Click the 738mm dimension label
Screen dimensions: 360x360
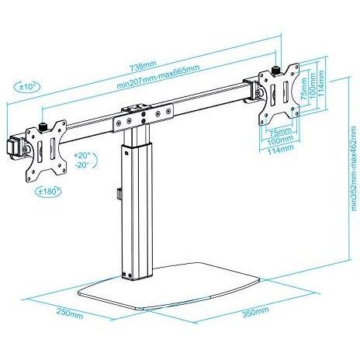pos(143,66)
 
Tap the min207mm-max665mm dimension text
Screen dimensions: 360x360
pos(158,76)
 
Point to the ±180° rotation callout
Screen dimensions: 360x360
pos(48,192)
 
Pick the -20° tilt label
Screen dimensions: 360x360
pos(81,164)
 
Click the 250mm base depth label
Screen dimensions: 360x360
pos(70,314)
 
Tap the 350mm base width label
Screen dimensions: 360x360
pos(255,312)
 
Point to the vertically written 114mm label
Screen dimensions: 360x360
pos(321,83)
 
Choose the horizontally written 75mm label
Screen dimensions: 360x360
pos(281,133)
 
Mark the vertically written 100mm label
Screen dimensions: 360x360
pos(313,86)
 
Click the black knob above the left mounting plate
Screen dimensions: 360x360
pos(42,127)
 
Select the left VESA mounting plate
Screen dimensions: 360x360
pos(46,151)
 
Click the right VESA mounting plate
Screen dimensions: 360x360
pos(279,94)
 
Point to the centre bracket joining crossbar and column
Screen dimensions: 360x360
pos(143,118)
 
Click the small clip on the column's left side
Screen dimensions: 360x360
pos(119,194)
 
